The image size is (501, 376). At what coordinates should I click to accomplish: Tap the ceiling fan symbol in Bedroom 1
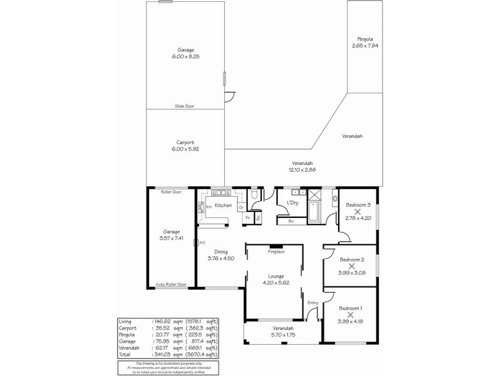point(350,315)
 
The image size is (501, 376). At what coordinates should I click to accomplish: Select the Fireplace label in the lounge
point(276,252)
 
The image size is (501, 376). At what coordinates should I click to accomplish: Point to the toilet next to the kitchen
point(254,196)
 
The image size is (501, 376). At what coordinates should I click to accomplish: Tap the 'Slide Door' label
point(184,107)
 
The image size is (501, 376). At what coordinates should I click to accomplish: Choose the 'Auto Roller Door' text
point(170,285)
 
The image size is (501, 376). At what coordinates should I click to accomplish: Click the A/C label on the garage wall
point(202,243)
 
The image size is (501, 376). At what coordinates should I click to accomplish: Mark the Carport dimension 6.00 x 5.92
point(184,149)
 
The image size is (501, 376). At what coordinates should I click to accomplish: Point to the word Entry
point(312,303)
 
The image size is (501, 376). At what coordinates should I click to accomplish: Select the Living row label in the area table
point(125,321)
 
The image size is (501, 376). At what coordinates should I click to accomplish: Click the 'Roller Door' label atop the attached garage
point(170,191)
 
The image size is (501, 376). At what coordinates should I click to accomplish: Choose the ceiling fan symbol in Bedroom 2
point(351,266)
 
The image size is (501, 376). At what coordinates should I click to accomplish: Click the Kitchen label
point(224,206)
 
